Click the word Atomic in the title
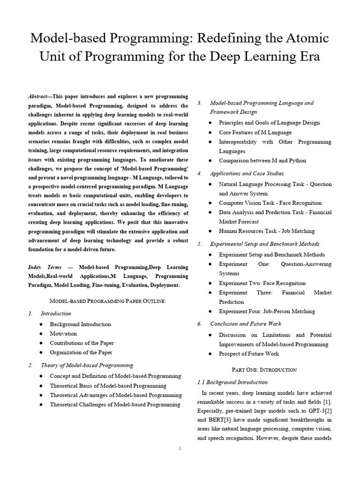300,38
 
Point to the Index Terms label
45,267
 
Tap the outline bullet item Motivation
63,333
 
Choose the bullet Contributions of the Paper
82,343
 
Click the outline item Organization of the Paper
81,352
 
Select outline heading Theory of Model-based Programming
87,365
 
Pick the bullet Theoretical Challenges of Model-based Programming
115,404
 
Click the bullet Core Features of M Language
255,132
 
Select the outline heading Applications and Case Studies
247,173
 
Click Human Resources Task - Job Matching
267,231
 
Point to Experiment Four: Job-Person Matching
267,311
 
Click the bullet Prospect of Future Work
248,353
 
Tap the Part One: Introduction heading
264,369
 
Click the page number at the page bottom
180,448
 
